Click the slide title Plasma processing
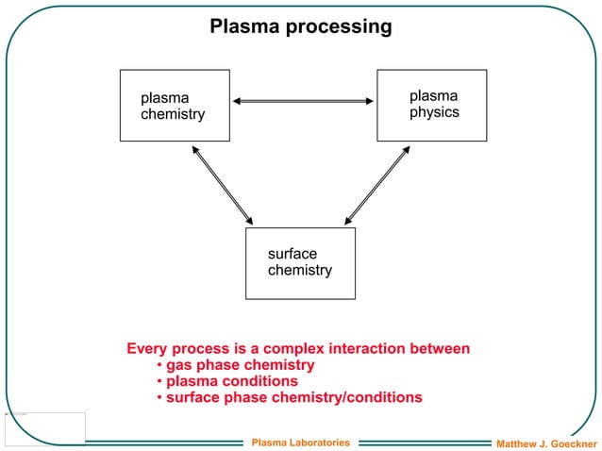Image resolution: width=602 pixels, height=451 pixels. [x=300, y=26]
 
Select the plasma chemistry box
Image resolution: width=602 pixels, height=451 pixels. [x=175, y=106]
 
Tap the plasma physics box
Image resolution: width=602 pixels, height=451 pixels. [x=431, y=105]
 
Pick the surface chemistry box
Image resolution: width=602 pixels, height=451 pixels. [x=300, y=262]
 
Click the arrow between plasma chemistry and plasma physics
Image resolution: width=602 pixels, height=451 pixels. [x=303, y=101]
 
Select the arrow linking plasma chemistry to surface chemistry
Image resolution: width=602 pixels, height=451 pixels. [x=223, y=184]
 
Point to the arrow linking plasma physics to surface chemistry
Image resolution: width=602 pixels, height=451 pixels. [x=377, y=184]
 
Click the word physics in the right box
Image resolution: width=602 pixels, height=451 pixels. [x=434, y=112]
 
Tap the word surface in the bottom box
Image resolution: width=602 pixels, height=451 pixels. [x=292, y=254]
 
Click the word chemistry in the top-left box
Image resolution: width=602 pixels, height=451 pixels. [x=173, y=114]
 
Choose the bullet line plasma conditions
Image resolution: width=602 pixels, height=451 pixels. [x=231, y=381]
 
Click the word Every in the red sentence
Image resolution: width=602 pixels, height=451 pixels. [x=147, y=349]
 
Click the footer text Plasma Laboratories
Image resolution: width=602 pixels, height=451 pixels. [x=300, y=442]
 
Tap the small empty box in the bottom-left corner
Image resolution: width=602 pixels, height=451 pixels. [x=44, y=427]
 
